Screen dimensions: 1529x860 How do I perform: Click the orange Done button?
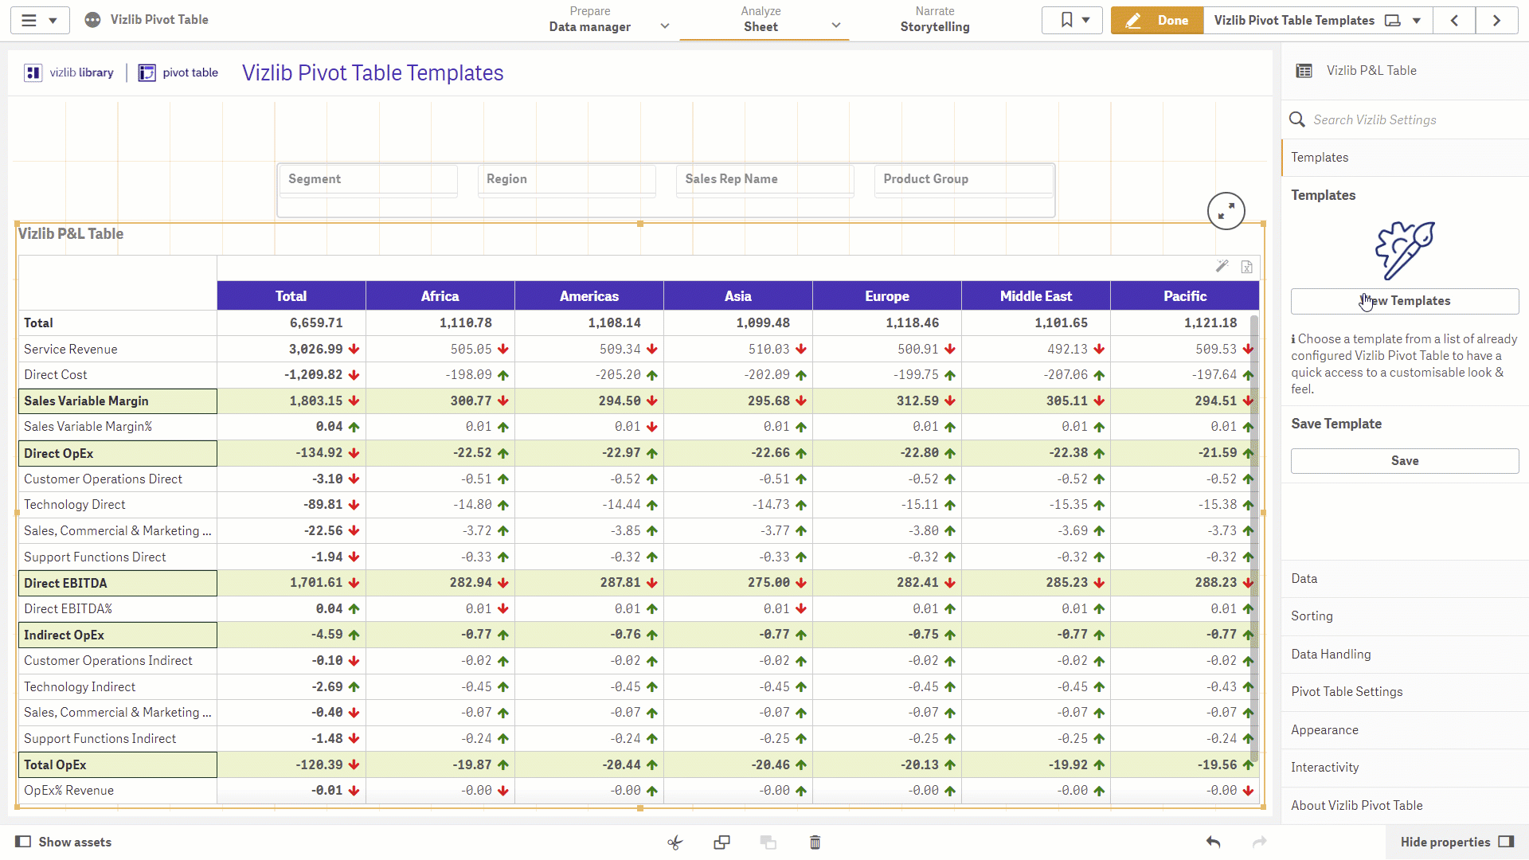pyautogui.click(x=1157, y=21)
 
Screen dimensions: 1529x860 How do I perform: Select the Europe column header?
pyautogui.click(x=887, y=296)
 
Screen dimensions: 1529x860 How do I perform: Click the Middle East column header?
pyautogui.click(x=1036, y=296)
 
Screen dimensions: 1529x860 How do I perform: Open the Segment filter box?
pyautogui.click(x=369, y=180)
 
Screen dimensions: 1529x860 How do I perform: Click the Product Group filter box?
pyautogui.click(x=964, y=180)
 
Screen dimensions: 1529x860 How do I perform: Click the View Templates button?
pyautogui.click(x=1405, y=301)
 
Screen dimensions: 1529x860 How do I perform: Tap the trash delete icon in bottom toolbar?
pyautogui.click(x=815, y=842)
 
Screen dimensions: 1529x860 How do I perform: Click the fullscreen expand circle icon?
pyautogui.click(x=1226, y=211)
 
